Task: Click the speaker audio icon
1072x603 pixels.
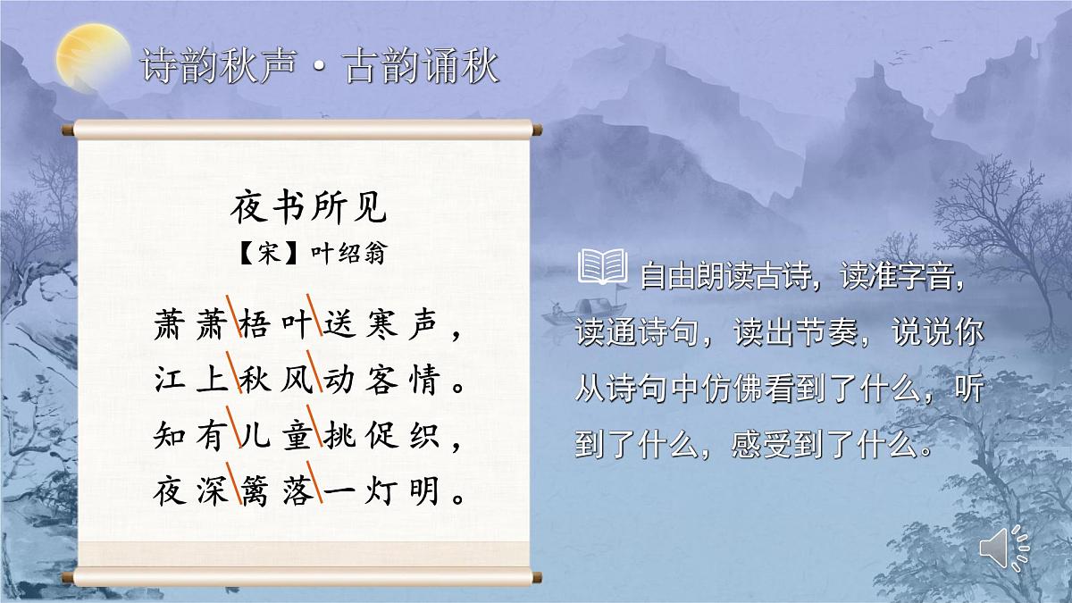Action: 1003,547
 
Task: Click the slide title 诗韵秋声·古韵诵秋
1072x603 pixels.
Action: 320,68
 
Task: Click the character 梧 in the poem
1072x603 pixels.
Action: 252,327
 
